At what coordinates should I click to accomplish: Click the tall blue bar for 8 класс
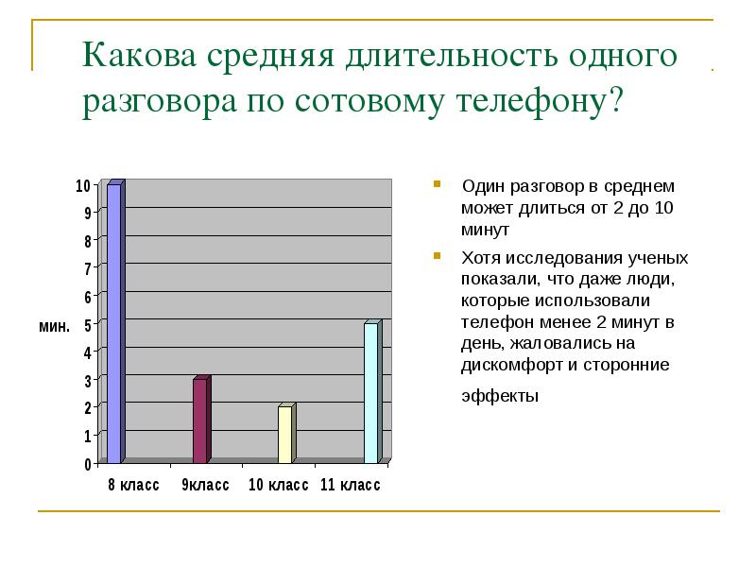coord(115,321)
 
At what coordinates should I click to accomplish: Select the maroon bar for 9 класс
coord(201,420)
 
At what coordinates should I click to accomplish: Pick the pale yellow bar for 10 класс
coord(287,434)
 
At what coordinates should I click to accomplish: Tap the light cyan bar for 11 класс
coord(372,391)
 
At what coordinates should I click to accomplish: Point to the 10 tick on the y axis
coord(83,185)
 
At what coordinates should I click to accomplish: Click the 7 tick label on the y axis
coord(87,268)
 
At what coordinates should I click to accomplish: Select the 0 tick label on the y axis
coord(87,464)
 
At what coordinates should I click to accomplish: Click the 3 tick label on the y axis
coord(87,381)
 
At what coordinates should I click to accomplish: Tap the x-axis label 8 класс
coord(133,485)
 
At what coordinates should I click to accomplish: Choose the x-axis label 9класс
coord(205,485)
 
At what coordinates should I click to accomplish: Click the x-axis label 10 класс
coord(278,485)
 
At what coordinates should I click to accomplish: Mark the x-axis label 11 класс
coord(351,485)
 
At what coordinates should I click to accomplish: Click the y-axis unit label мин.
coord(55,326)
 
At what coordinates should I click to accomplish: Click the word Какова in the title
coord(139,55)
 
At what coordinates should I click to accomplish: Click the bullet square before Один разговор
coord(437,183)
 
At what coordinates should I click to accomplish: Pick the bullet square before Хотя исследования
coord(437,255)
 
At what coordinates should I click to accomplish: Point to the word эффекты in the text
coord(500,396)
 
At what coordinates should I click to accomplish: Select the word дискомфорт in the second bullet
coord(512,365)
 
